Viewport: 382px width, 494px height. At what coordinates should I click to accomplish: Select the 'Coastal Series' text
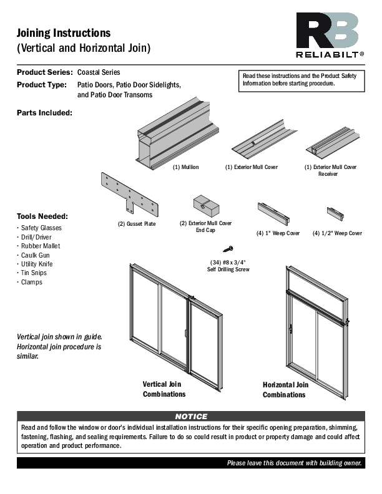pos(99,72)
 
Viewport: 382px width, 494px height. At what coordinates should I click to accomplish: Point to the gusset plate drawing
pos(130,193)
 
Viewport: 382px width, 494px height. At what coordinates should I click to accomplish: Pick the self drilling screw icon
pos(228,248)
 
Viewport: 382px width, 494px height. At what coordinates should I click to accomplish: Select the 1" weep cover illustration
pos(273,213)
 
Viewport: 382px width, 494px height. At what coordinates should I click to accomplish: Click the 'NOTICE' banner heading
pos(191,416)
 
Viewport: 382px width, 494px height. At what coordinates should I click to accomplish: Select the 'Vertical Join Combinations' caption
pos(164,389)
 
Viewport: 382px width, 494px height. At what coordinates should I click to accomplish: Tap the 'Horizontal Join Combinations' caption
pos(285,390)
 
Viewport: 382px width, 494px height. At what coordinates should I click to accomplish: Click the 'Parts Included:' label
pos(44,113)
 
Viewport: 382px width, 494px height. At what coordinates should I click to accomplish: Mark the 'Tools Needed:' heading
pos(42,216)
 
